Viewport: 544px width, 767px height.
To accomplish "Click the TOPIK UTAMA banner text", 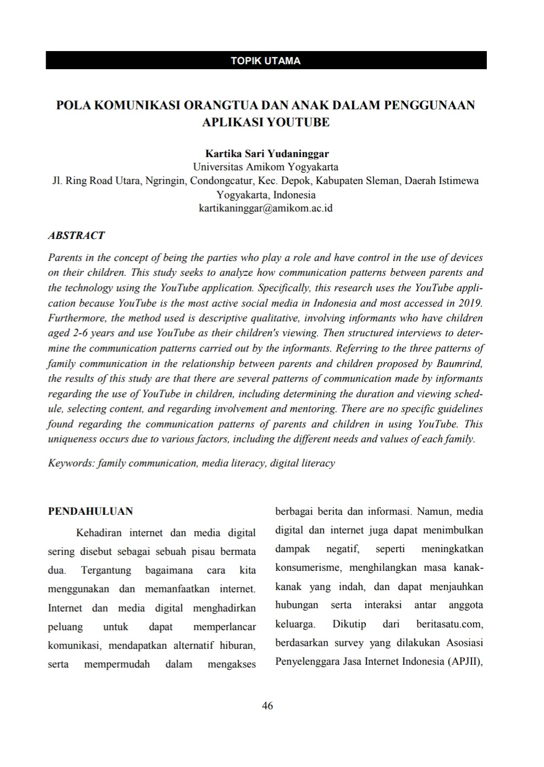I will [266, 60].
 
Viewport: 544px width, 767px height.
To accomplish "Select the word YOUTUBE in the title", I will [298, 122].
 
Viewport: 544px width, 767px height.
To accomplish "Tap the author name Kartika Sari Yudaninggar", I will [267, 153].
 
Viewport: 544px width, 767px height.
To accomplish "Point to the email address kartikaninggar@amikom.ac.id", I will [266, 208].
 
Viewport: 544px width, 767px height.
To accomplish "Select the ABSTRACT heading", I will [76, 235].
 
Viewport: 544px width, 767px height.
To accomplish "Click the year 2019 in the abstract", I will [471, 303].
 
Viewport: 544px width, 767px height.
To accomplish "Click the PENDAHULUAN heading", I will [90, 512].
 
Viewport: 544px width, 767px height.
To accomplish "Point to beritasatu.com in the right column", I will [449, 624].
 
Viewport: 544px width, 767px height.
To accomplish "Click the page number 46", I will [267, 706].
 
